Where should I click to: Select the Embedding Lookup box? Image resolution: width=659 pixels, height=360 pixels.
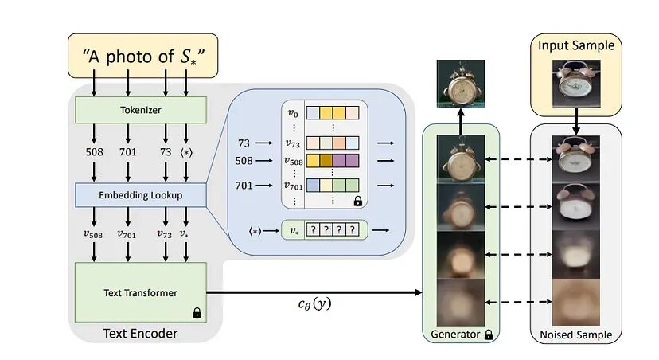pyautogui.click(x=140, y=194)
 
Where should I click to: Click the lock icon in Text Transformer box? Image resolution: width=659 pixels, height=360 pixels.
pyautogui.click(x=196, y=313)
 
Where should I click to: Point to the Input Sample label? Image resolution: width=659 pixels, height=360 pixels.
pyautogui.click(x=577, y=45)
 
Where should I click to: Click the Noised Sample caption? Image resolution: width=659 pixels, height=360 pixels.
pyautogui.click(x=577, y=335)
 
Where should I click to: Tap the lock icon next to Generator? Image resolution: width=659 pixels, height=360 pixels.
pyautogui.click(x=488, y=335)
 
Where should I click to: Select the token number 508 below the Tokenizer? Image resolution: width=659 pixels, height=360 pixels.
pyautogui.click(x=95, y=151)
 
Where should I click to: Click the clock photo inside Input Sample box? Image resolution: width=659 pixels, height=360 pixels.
pyautogui.click(x=577, y=83)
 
